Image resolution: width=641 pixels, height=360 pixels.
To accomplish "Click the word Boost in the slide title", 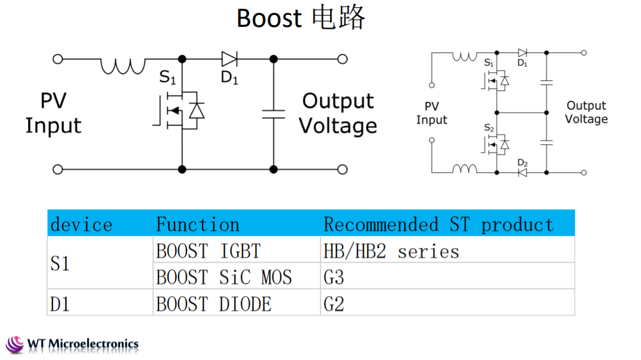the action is click(x=269, y=18).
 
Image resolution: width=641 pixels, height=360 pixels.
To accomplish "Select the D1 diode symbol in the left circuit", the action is click(x=229, y=59).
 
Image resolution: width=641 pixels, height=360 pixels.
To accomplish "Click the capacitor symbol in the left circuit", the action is click(x=273, y=114).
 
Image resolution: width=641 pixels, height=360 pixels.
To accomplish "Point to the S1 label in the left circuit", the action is click(x=167, y=77).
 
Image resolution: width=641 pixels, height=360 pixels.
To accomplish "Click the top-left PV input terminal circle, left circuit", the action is click(x=58, y=59).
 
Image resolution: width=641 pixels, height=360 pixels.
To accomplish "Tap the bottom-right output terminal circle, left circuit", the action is click(x=343, y=169).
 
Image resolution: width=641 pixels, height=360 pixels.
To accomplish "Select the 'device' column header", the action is click(x=82, y=225).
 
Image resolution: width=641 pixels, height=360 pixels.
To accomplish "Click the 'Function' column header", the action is click(x=198, y=225).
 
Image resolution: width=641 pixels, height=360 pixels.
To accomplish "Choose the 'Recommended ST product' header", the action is click(x=438, y=225).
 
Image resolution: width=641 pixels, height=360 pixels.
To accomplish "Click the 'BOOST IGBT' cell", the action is click(x=208, y=251).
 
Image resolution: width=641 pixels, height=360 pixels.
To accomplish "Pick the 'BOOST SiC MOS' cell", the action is click(x=224, y=277).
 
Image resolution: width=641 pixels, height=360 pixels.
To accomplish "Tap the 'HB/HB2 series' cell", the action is click(x=391, y=251).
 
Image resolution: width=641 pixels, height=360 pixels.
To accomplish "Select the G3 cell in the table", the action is click(x=334, y=277).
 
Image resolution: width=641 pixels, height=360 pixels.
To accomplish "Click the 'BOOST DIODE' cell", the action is click(x=213, y=304).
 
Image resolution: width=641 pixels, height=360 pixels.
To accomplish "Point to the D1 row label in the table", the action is click(x=60, y=304).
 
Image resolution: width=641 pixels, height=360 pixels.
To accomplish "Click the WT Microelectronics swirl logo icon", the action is click(x=15, y=345).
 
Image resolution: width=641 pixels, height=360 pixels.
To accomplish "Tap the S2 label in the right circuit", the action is click(x=489, y=128).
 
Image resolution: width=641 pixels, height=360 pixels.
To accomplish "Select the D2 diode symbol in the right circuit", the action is click(x=522, y=173).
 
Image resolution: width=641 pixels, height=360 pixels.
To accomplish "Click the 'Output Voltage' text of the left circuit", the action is click(x=338, y=113).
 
